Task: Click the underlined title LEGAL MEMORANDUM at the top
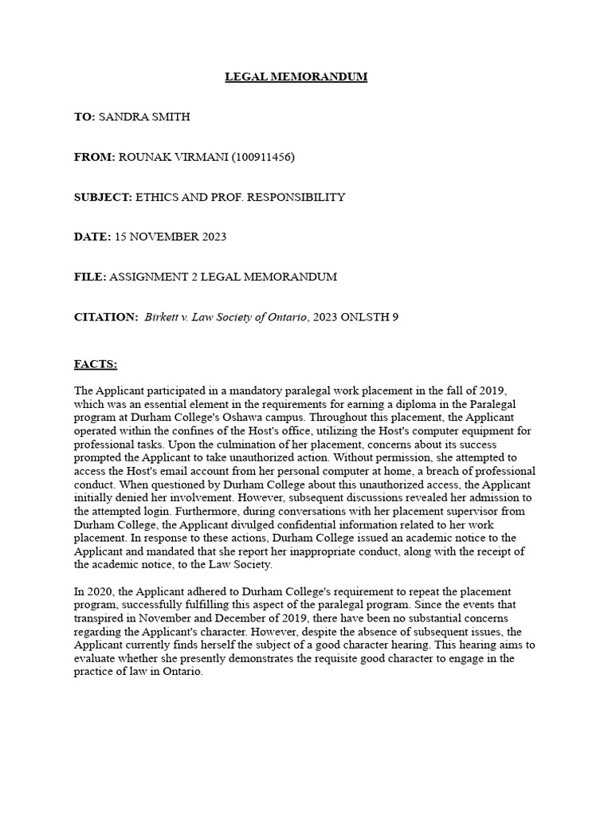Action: tap(296, 76)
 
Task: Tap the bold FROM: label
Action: tap(95, 157)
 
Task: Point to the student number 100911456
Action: tap(263, 157)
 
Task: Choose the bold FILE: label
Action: tap(89, 277)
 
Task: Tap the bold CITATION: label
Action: tap(106, 316)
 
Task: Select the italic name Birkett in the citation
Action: tap(163, 316)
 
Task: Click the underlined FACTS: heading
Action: tap(96, 364)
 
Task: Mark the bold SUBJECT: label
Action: tap(103, 197)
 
